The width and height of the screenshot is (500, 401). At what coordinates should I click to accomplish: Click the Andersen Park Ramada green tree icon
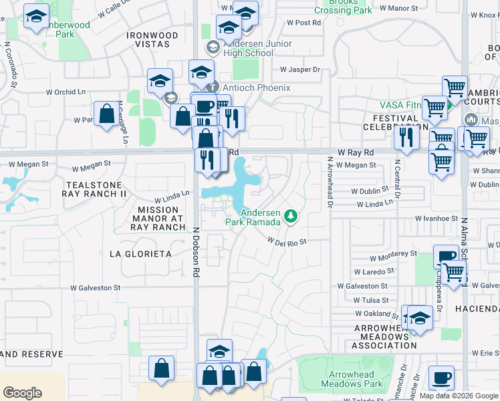point(290,215)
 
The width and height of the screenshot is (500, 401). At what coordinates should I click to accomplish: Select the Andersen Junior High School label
point(261,51)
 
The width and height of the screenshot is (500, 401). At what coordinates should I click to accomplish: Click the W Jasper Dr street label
point(300,69)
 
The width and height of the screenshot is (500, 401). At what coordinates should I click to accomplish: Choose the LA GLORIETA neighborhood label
point(140,254)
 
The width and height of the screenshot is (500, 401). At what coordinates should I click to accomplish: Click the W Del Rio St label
point(287,241)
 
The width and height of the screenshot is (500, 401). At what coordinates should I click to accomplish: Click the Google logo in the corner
point(22,392)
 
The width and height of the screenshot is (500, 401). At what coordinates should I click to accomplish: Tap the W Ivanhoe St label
point(436,219)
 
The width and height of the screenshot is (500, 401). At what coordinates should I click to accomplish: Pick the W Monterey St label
point(394,254)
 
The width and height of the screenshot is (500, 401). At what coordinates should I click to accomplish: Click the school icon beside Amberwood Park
point(36,17)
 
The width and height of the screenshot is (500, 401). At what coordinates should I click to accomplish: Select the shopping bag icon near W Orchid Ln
point(106,114)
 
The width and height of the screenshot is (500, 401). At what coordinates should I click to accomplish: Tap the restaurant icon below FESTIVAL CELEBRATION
point(406,138)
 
